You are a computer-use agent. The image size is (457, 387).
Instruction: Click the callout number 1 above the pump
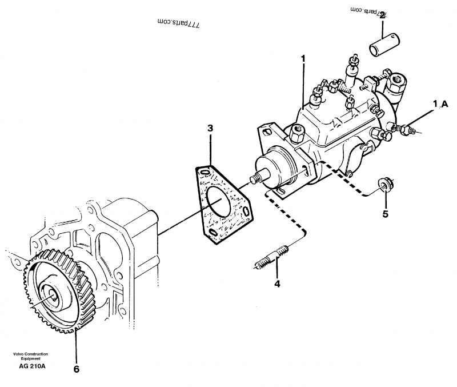(303, 58)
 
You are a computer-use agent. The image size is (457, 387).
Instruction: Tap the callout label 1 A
(440, 104)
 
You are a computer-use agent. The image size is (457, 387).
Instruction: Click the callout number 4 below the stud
(278, 282)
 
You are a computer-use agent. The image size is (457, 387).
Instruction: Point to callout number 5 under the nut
(385, 214)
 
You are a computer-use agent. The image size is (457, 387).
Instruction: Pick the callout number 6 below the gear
(76, 369)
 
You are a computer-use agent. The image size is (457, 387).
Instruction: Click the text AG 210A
(32, 366)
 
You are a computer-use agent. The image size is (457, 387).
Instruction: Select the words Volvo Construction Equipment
(32, 357)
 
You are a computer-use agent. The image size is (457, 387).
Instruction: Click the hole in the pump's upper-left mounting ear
(266, 133)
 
